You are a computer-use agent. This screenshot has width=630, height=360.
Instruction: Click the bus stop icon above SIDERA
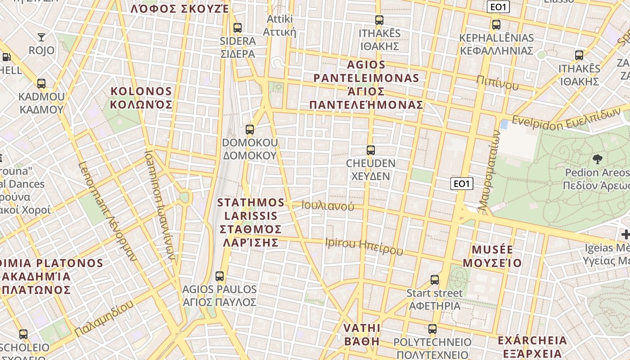238,28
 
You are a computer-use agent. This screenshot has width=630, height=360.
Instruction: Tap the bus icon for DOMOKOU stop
250,130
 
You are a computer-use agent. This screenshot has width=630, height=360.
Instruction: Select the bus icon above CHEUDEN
371,150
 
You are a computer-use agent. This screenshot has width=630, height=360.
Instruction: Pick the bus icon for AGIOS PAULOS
220,276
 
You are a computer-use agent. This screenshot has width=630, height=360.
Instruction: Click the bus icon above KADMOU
41,84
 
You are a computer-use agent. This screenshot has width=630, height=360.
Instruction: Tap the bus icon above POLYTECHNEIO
432,329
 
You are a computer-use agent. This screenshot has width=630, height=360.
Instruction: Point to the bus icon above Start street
435,280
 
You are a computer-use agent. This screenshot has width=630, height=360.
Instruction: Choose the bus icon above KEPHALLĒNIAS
496,25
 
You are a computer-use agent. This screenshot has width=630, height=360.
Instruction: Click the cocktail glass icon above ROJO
41,37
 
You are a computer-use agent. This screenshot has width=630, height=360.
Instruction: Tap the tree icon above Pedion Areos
598,159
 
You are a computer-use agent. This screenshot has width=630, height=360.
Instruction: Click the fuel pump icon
6,57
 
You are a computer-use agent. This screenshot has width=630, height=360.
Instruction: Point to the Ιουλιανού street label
328,206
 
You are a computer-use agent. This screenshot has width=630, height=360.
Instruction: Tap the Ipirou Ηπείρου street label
364,246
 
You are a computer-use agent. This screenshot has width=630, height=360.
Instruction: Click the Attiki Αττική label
279,25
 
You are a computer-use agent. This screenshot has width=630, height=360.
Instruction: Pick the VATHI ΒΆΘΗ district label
362,334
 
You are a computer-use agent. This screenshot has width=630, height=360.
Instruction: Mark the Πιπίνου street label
498,83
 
